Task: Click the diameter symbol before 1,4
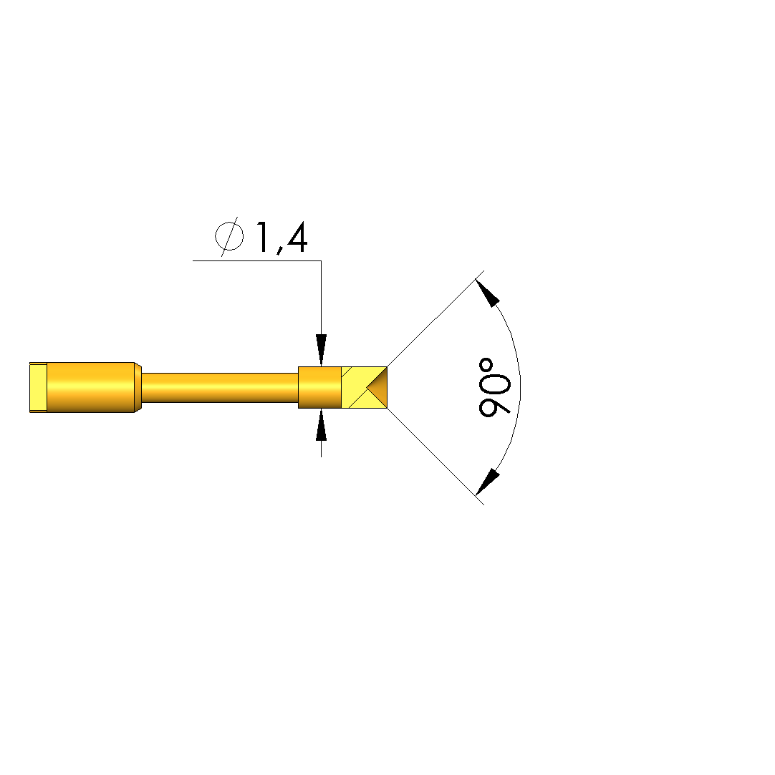point(229,236)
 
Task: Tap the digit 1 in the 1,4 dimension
point(263,238)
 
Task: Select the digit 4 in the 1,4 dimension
point(296,238)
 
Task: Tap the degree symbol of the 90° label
point(486,365)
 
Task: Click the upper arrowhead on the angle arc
point(487,293)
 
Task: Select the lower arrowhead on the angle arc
point(487,482)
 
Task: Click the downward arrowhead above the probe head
point(322,350)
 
